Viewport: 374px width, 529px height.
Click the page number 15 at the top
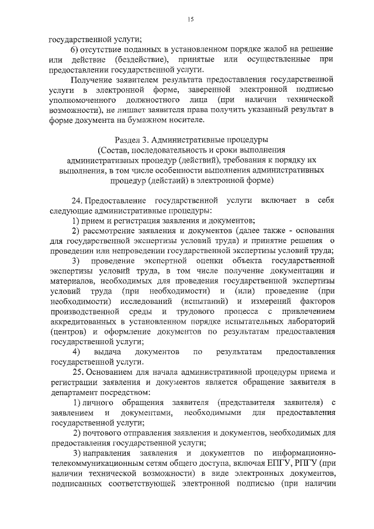(x=191, y=20)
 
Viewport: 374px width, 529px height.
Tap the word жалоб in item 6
(x=269, y=50)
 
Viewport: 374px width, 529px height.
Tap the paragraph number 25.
(x=77, y=371)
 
